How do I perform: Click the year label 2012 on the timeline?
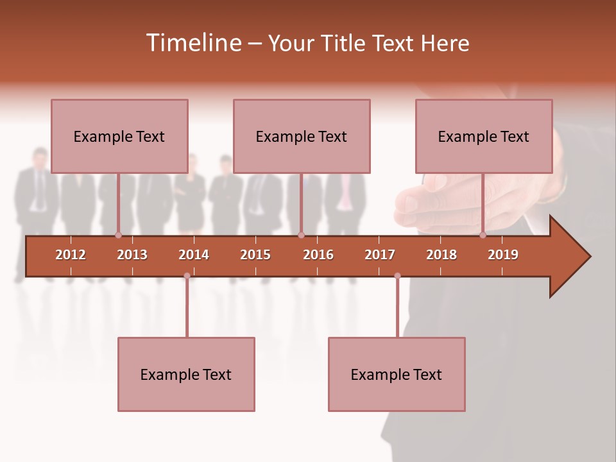(71, 255)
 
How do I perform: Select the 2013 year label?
(132, 255)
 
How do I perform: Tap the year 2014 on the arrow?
(194, 255)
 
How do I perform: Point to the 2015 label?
(255, 255)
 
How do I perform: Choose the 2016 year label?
(318, 255)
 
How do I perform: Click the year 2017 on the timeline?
(380, 255)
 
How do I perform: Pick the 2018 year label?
(441, 255)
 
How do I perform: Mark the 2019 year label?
(503, 255)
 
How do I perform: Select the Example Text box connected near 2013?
(119, 136)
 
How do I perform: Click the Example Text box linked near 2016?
(302, 136)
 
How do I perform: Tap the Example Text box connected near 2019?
(484, 136)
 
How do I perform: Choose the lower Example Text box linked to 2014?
(186, 374)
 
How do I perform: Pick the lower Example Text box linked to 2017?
(397, 374)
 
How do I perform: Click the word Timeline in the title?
(193, 43)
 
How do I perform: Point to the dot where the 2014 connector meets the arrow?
(187, 276)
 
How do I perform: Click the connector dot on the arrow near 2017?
(397, 276)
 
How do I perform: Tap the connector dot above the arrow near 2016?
(301, 235)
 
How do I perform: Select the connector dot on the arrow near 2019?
(483, 235)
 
